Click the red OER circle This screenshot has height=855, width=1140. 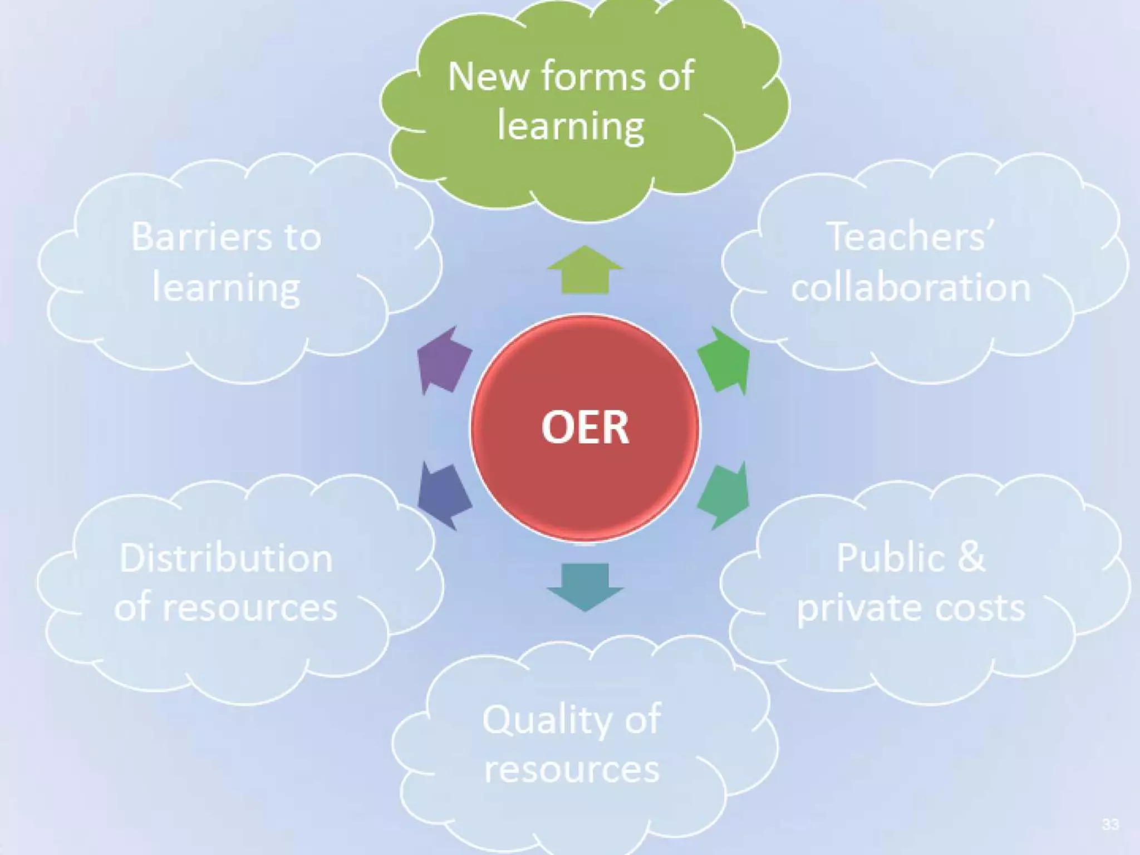[x=584, y=427]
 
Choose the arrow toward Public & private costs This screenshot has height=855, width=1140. [x=724, y=495]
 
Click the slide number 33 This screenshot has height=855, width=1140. [x=1110, y=824]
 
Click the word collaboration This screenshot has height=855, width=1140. [x=911, y=288]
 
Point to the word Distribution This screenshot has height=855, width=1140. [x=226, y=558]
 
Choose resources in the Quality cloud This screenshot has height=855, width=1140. [x=572, y=770]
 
